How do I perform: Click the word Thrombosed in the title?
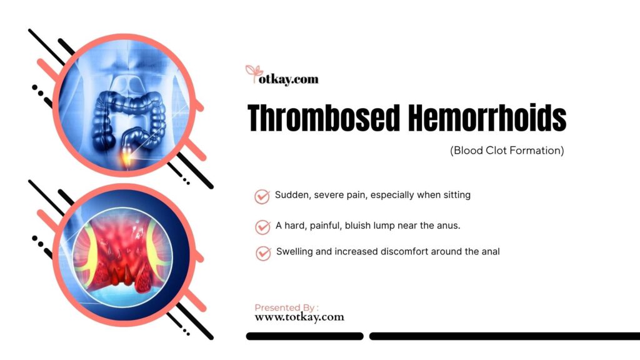[324, 118]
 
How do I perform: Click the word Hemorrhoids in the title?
[487, 118]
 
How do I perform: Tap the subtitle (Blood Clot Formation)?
[507, 151]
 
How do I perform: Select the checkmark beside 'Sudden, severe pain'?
[262, 196]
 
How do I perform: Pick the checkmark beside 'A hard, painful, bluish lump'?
[262, 227]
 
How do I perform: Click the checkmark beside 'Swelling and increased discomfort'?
[263, 253]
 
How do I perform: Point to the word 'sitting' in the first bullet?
[457, 195]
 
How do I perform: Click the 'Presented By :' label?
[286, 307]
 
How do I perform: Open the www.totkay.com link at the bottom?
[299, 317]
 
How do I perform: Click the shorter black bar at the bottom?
[304, 336]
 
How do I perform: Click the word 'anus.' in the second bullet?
[449, 226]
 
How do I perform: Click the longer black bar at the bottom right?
[505, 336]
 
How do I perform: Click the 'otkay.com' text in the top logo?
[289, 79]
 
